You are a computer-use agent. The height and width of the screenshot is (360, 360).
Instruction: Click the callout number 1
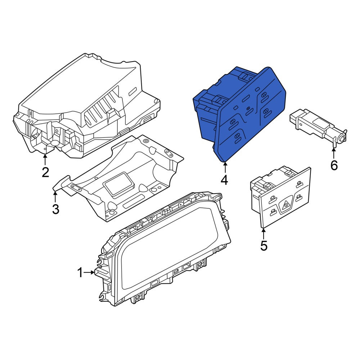[80, 273]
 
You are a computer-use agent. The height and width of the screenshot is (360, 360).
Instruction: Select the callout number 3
[55, 209]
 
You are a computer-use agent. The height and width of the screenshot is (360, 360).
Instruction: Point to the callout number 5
[264, 246]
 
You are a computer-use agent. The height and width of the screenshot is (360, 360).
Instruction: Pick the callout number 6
[334, 165]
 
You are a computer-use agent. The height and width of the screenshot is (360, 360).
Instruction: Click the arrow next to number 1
[89, 272]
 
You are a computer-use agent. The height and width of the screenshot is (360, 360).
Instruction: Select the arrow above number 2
[45, 160]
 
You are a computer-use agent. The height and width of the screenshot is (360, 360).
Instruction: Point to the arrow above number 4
[225, 167]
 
